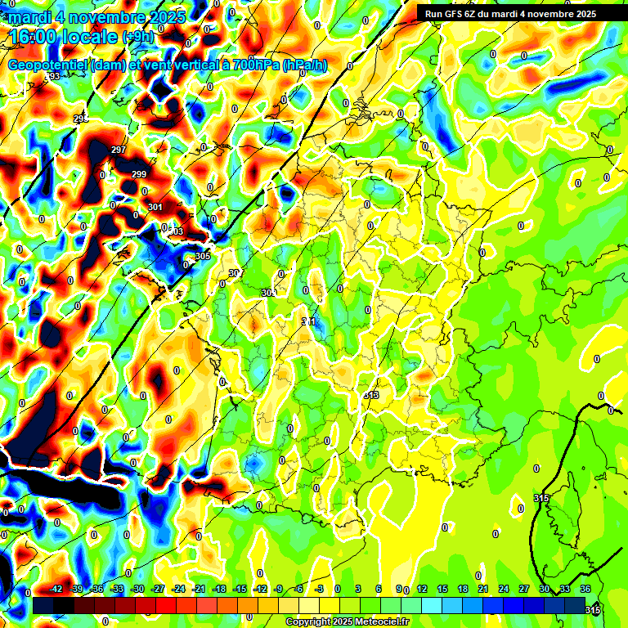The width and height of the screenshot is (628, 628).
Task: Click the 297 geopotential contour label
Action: [x=119, y=150]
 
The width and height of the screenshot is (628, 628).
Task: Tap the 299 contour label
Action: [x=139, y=174]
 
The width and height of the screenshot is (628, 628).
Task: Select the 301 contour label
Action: [x=155, y=207]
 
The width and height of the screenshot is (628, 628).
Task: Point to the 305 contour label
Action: [x=204, y=256]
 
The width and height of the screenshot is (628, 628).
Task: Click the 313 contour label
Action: [x=371, y=395]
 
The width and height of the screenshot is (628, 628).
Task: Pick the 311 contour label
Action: [x=308, y=321]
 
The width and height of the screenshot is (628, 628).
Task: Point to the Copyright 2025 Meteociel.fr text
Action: [x=348, y=622]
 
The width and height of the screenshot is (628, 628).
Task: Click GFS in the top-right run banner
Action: [x=458, y=14]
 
